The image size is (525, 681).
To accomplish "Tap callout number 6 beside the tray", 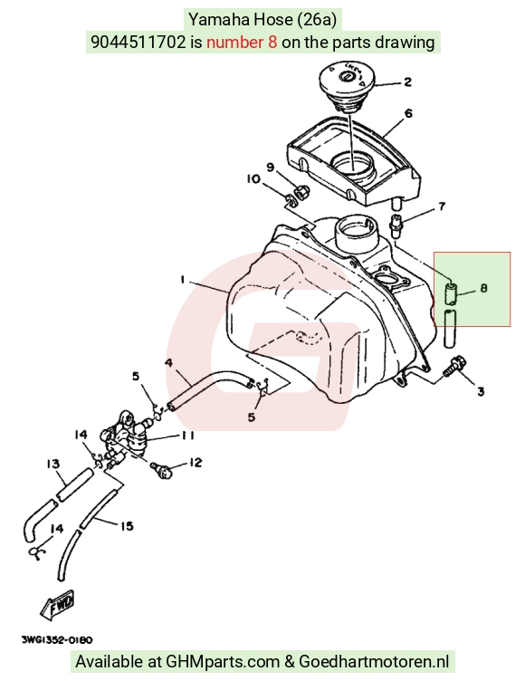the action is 408,113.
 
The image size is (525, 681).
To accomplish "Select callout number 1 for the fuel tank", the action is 183,279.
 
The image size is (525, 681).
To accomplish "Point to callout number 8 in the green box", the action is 483,288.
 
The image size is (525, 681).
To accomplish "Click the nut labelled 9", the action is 301,192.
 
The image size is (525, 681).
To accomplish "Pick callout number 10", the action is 253,179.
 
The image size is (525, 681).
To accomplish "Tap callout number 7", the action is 442,206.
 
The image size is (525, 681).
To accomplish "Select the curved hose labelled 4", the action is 208,388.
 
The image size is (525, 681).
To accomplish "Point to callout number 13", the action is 53,464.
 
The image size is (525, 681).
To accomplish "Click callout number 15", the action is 127,526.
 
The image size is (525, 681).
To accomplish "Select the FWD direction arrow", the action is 58,604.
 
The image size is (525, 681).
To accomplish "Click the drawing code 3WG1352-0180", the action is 57,640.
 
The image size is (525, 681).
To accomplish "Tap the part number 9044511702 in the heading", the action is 138,43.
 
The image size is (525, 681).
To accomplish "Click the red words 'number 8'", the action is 242,43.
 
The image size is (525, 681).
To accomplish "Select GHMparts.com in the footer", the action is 223,661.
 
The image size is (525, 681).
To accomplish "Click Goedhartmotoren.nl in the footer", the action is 374,661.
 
